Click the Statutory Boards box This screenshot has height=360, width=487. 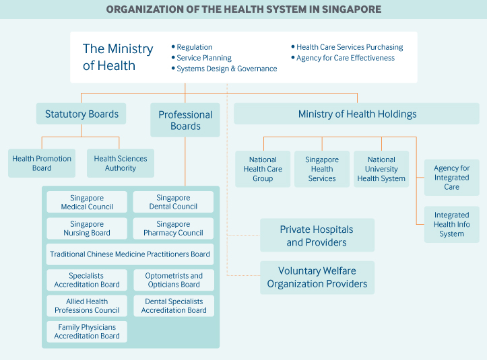click(x=81, y=114)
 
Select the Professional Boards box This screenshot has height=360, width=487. click(x=185, y=120)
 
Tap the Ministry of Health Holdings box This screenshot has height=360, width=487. click(x=356, y=114)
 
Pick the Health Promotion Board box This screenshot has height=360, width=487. click(x=42, y=164)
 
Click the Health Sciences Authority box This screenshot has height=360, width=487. click(x=121, y=164)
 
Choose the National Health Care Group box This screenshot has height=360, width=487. click(x=263, y=169)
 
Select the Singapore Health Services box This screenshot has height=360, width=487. click(x=322, y=169)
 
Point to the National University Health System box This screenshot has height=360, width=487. click(x=381, y=169)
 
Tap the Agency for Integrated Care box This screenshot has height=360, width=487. click(x=451, y=178)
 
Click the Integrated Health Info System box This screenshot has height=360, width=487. click(x=451, y=224)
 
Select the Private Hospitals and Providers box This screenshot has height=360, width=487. click(x=317, y=235)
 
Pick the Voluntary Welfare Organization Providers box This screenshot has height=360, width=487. click(x=317, y=277)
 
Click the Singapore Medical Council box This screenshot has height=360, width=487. click(x=87, y=202)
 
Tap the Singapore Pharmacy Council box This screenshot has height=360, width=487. click(x=173, y=228)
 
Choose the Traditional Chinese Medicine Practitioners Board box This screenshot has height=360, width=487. click(x=130, y=254)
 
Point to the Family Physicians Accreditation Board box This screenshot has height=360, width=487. click(x=87, y=332)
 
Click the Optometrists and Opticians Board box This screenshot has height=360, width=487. click(x=174, y=280)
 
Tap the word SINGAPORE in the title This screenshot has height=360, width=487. click(x=352, y=9)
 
